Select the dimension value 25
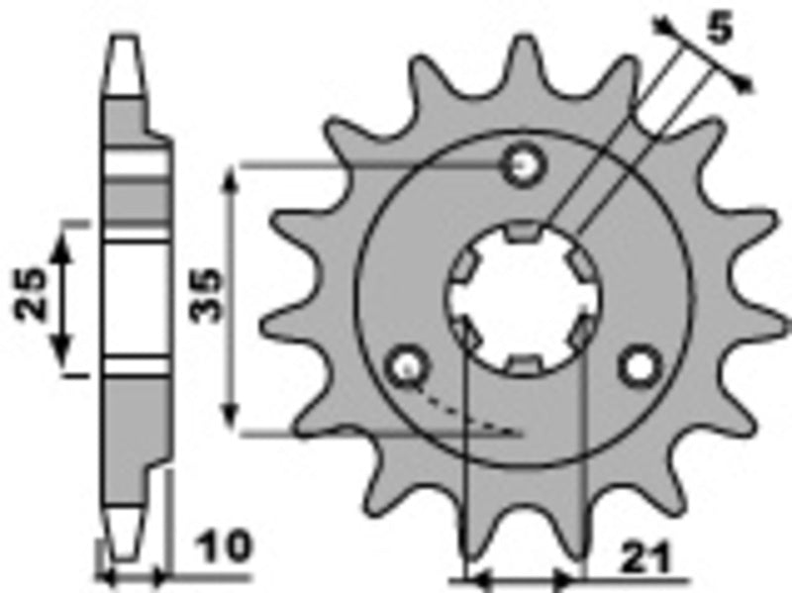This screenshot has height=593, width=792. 31,295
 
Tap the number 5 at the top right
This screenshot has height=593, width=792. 722,30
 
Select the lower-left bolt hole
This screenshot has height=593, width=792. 406,367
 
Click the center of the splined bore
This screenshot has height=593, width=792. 524,297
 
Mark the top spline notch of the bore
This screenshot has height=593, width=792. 524,234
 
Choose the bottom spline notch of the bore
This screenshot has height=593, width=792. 524,363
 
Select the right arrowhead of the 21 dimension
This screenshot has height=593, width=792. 572,576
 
